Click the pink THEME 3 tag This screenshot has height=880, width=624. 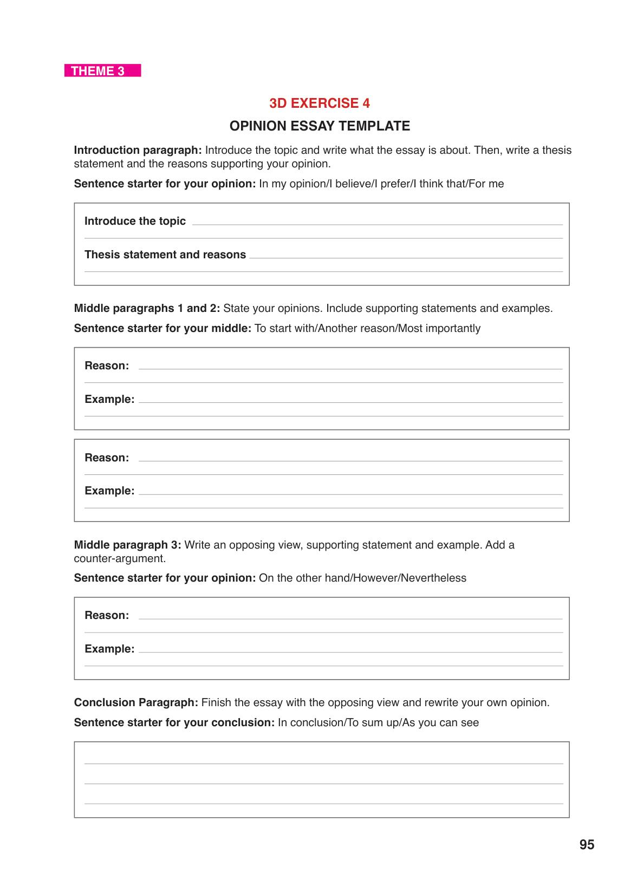[x=102, y=71]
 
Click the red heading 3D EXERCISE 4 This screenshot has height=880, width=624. [x=320, y=103]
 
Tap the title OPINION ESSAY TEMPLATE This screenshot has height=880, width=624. [x=320, y=126]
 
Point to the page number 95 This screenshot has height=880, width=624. [x=587, y=845]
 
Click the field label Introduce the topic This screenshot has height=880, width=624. [x=135, y=221]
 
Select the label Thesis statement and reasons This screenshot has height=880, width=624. [x=165, y=255]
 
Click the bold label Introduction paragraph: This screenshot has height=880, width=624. [x=138, y=150]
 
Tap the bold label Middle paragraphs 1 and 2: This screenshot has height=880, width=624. [x=147, y=308]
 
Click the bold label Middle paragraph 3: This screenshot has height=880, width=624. [x=127, y=544]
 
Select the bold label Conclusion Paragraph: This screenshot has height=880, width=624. [x=136, y=702]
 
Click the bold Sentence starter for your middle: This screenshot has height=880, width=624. [x=162, y=328]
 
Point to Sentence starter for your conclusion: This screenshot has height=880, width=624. [x=174, y=722]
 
